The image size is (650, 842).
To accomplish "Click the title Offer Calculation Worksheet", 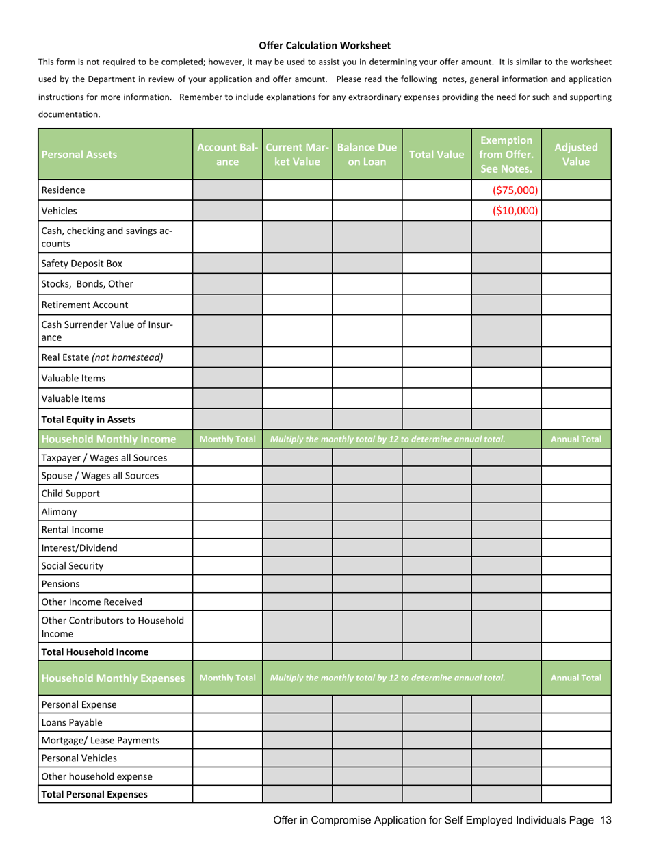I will (x=324, y=46).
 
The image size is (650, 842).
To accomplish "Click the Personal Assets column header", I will (x=79, y=155).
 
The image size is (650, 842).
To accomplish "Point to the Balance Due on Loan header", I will (x=367, y=155).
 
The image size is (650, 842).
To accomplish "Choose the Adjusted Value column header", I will (x=575, y=155).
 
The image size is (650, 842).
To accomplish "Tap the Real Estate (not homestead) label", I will (x=102, y=357).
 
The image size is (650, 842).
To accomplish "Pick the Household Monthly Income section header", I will (x=109, y=439).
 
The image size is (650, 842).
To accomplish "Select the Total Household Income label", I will (x=95, y=652).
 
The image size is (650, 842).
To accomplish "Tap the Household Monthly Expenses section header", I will (x=113, y=678).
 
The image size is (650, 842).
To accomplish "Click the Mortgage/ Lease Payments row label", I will (x=101, y=740).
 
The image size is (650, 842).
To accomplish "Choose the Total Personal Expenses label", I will (x=94, y=795).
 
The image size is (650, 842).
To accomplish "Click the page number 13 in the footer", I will (x=604, y=820).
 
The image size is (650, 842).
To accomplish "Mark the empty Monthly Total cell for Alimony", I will (x=227, y=511).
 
